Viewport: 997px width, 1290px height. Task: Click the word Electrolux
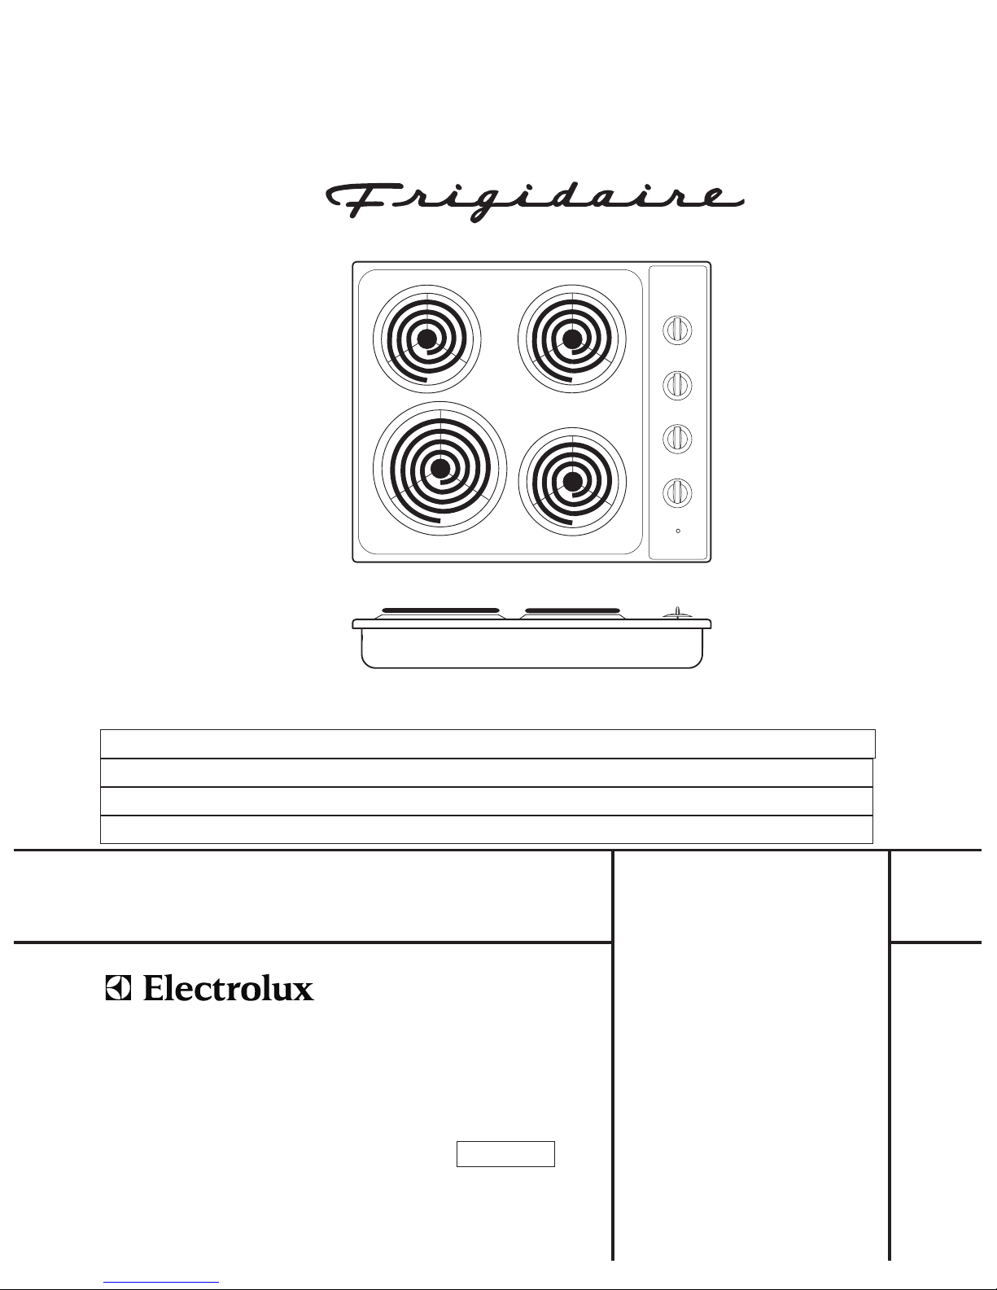(x=228, y=988)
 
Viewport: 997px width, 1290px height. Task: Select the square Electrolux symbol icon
(x=119, y=988)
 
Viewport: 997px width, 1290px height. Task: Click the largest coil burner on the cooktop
(x=440, y=469)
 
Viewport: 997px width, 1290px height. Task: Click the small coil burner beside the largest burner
(x=572, y=482)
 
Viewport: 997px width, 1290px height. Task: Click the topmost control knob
(x=677, y=330)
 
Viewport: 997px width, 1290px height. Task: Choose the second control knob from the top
(x=677, y=384)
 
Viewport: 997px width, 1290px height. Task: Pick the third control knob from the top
(x=677, y=439)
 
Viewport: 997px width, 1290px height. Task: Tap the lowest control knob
(x=677, y=492)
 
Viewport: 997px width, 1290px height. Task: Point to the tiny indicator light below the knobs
(x=678, y=531)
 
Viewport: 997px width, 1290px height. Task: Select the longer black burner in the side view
(x=440, y=610)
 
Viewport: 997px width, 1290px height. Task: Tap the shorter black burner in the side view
(x=572, y=610)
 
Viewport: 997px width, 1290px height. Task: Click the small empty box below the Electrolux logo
(x=505, y=1154)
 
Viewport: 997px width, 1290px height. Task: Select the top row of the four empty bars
(x=488, y=744)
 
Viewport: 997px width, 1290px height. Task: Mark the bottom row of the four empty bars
(x=486, y=829)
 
